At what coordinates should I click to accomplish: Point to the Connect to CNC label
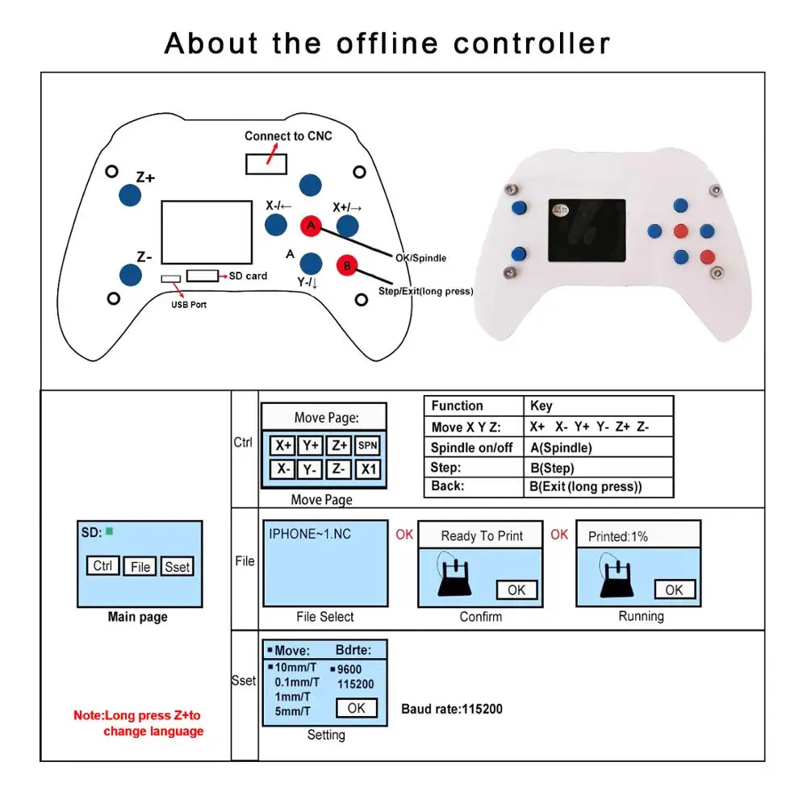pyautogui.click(x=288, y=135)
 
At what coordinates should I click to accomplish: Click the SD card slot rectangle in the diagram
pyautogui.click(x=203, y=276)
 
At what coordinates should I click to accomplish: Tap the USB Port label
pyautogui.click(x=188, y=305)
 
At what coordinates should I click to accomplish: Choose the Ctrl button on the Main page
pyautogui.click(x=102, y=566)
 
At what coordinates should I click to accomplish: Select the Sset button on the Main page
pyautogui.click(x=177, y=567)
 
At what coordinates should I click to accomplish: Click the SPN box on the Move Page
pyautogui.click(x=367, y=445)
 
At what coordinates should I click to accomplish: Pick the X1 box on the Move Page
pyautogui.click(x=367, y=469)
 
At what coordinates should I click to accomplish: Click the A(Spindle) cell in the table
pyautogui.click(x=561, y=448)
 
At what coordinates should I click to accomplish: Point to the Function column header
pyautogui.click(x=457, y=406)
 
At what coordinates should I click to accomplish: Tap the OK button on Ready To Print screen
pyautogui.click(x=516, y=589)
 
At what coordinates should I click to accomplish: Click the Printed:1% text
pyautogui.click(x=617, y=536)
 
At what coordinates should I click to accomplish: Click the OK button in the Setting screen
pyautogui.click(x=356, y=708)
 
